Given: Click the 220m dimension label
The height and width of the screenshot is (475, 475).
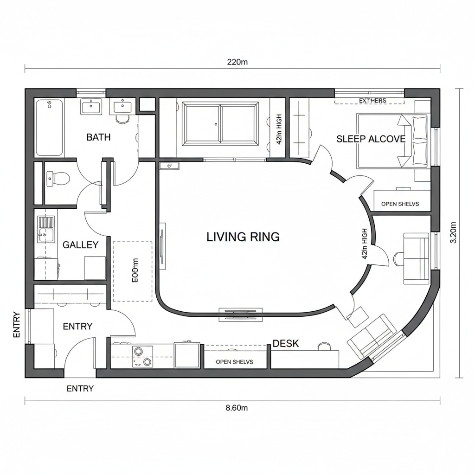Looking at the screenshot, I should click(237, 62).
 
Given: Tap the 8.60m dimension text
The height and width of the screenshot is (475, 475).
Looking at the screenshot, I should click(237, 408).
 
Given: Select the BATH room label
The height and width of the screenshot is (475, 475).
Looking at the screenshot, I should click(98, 137).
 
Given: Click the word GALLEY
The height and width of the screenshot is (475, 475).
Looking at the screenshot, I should click(80, 245).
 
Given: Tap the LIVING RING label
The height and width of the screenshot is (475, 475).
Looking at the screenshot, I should click(243, 237).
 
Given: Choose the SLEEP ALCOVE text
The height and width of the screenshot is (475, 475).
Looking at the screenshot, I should click(371, 139).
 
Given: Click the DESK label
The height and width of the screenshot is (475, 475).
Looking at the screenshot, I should click(286, 344).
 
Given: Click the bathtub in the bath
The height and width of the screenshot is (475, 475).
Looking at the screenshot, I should click(49, 128).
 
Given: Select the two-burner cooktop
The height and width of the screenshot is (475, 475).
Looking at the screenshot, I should click(142, 356).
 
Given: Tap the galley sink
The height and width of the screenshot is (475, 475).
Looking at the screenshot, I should click(46, 229).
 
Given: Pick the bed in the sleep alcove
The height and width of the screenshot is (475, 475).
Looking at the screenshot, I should click(393, 141).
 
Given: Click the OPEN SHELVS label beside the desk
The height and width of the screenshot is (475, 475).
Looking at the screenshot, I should click(235, 362).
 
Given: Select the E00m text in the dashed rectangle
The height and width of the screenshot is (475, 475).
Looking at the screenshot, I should click(135, 271).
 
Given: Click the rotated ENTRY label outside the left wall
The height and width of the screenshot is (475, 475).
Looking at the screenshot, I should click(17, 324).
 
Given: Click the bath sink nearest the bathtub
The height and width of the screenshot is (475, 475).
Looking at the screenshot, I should click(90, 107).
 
